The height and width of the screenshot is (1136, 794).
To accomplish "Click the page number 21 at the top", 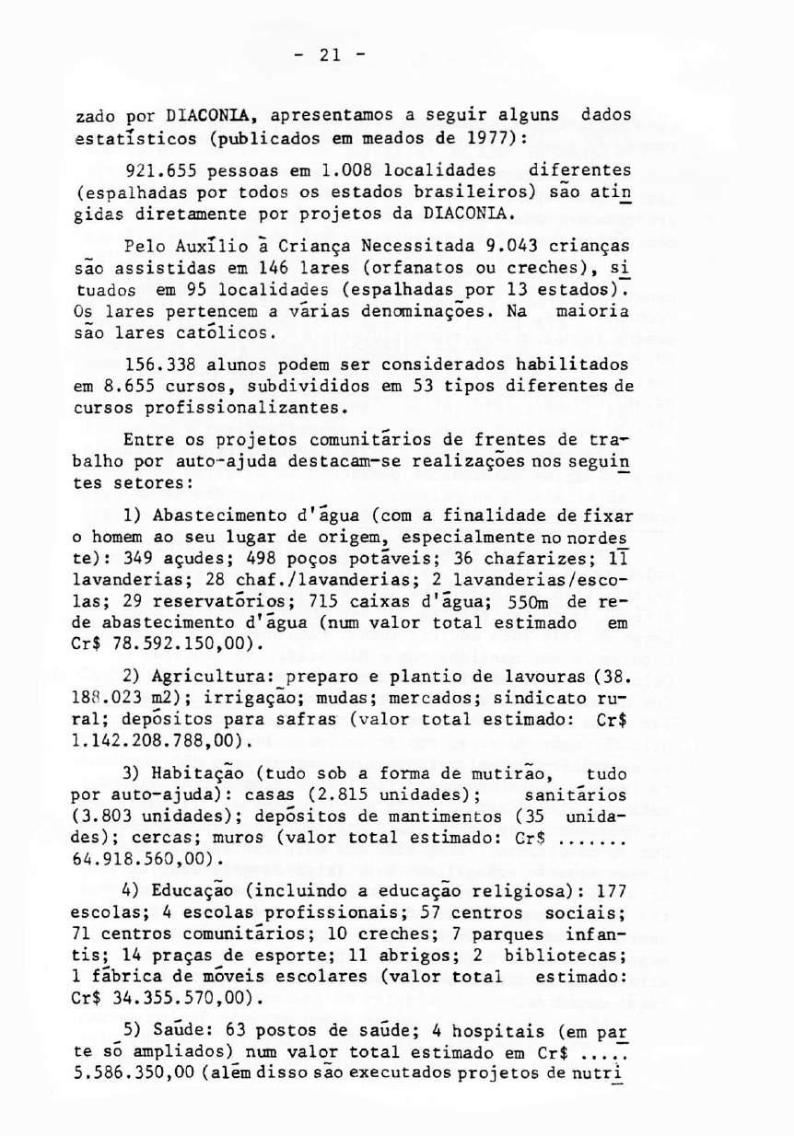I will [332, 54].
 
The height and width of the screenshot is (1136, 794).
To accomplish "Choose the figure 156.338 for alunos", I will [157, 365].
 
